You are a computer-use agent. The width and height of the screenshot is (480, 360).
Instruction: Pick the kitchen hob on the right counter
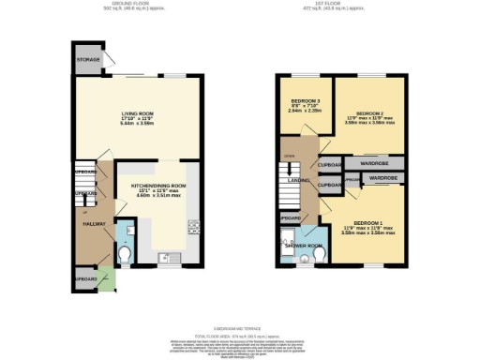pyautogui.click(x=194, y=226)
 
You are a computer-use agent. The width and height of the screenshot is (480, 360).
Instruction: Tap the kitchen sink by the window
pyautogui.click(x=162, y=255)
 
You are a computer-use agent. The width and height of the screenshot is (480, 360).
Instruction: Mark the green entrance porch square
pyautogui.click(x=107, y=278)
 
